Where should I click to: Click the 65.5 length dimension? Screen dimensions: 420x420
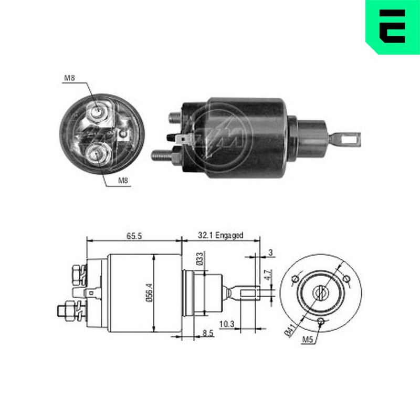[x=134, y=236]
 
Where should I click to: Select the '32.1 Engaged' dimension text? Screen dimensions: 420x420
[x=220, y=235]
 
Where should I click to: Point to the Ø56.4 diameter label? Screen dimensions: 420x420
[x=149, y=292]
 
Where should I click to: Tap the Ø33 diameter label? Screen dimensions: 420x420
[x=199, y=258]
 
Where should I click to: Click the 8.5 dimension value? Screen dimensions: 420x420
[x=208, y=333]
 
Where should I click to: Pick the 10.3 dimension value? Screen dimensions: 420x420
[x=227, y=324]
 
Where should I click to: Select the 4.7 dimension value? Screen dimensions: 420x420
[x=268, y=275]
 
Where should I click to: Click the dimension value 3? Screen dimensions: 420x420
[x=270, y=253]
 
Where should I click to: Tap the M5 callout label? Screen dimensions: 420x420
[x=307, y=340]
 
